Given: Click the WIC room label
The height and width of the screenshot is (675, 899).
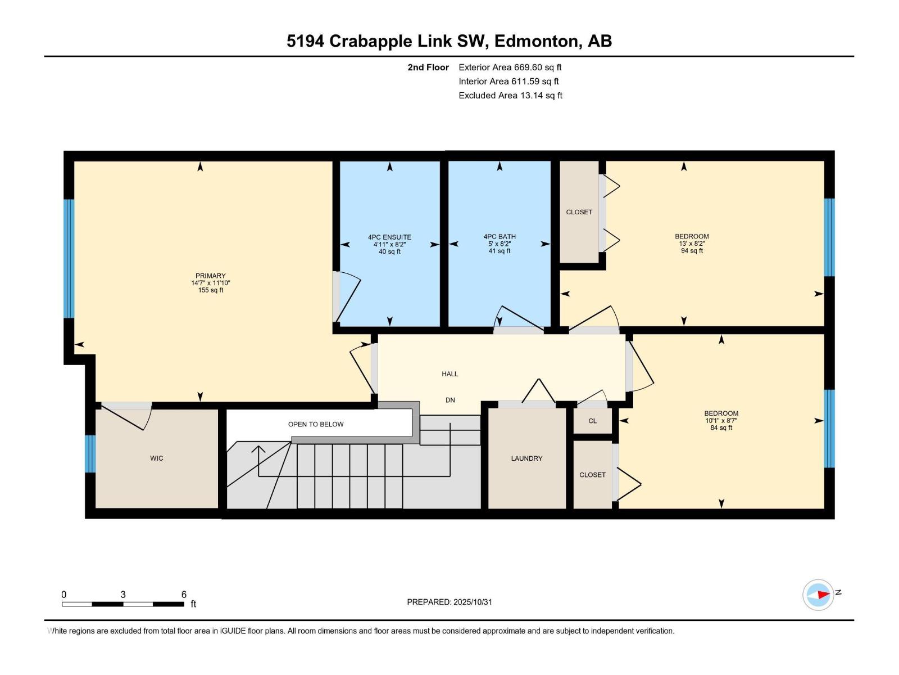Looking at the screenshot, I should [x=156, y=458].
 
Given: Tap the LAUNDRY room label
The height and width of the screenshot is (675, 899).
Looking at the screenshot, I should [x=526, y=458].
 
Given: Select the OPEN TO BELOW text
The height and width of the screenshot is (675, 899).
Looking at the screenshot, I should [x=316, y=424].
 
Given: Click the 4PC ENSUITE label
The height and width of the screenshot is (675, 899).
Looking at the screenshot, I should [x=389, y=237].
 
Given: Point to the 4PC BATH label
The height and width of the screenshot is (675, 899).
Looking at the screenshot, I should [x=500, y=237].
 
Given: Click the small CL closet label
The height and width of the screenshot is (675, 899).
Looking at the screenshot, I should [x=592, y=421].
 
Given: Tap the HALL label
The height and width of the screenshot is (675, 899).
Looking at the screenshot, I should [x=449, y=373].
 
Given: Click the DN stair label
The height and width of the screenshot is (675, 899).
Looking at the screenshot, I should [x=450, y=400].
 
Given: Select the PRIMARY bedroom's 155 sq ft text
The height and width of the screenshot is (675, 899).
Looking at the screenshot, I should [x=211, y=290].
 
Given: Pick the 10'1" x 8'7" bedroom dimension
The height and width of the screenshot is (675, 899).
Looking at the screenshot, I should [x=721, y=420].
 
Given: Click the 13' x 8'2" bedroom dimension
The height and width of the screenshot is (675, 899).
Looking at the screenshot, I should [x=692, y=244].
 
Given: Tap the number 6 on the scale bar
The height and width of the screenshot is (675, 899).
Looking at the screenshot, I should [x=184, y=595].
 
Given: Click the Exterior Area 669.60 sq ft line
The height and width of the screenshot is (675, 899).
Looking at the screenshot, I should [x=510, y=67].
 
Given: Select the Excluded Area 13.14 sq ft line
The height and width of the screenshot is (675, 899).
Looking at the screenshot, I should [x=510, y=95].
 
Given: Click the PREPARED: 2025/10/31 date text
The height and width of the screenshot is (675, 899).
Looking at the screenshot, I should [x=449, y=602].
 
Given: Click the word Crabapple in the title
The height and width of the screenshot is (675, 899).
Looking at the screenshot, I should [x=370, y=41].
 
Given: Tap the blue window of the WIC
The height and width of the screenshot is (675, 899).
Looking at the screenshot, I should [x=90, y=453].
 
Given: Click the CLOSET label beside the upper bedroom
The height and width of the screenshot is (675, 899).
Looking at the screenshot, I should [x=579, y=212].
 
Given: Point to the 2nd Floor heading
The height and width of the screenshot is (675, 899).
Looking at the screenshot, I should [x=428, y=67].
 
